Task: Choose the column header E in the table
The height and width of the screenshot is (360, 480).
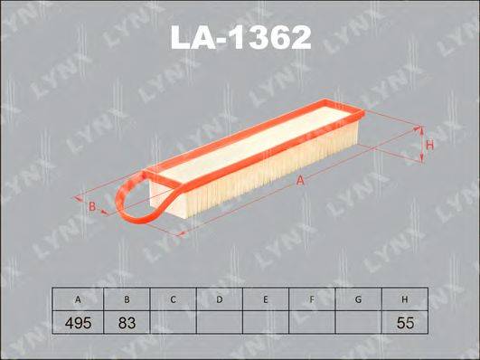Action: click(265, 298)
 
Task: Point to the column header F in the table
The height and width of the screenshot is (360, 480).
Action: click(311, 298)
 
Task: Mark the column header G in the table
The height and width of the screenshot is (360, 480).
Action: click(358, 298)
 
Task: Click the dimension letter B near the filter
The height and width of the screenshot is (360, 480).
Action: click(91, 207)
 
